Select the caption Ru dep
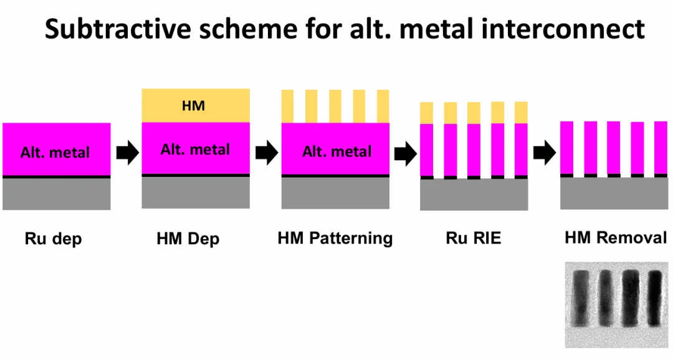click(x=53, y=239)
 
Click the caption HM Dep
click(x=188, y=239)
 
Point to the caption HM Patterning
click(x=335, y=238)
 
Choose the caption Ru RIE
click(x=474, y=238)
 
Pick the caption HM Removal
click(x=616, y=237)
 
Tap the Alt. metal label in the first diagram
click(x=55, y=153)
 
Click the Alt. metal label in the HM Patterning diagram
click(x=336, y=151)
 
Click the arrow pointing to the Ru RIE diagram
click(x=405, y=154)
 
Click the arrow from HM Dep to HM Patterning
click(x=267, y=153)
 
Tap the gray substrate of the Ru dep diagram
click(x=56, y=194)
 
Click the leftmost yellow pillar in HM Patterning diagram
click(x=288, y=106)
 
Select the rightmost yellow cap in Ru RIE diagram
click(x=521, y=113)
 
